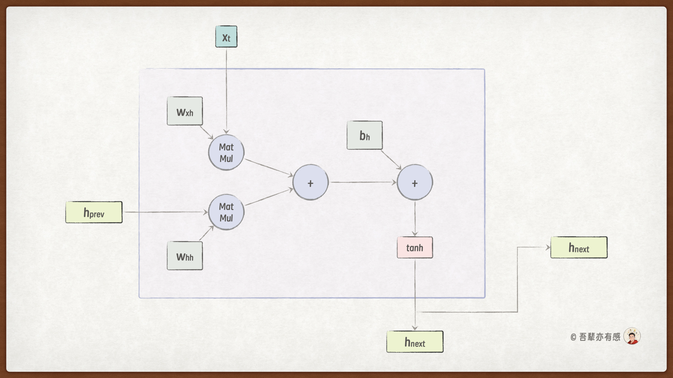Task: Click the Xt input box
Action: [226, 37]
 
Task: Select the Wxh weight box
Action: [185, 111]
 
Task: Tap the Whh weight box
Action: [185, 256]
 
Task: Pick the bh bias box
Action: [365, 135]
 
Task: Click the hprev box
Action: [94, 212]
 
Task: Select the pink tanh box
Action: [415, 247]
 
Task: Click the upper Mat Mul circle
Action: [226, 153]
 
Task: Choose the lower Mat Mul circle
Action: [226, 212]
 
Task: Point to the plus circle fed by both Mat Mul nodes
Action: [310, 182]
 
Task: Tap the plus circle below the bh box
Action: [415, 182]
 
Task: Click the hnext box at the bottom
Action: [415, 342]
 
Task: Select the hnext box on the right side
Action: [579, 247]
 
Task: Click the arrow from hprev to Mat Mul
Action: [165, 212]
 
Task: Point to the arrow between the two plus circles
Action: [363, 182]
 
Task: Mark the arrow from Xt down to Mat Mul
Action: [226, 91]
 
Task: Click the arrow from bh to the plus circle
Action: [391, 160]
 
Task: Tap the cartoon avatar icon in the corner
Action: [632, 336]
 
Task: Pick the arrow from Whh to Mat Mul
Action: [206, 233]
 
